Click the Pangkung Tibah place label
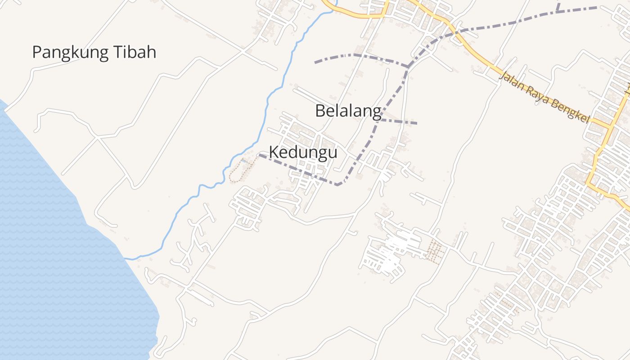coord(94,53)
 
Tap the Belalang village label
coord(348,111)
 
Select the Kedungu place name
coord(303,153)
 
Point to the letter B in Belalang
coord(320,111)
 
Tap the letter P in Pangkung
coord(37,53)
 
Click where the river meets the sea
coord(126,259)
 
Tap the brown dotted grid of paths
coord(434,251)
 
